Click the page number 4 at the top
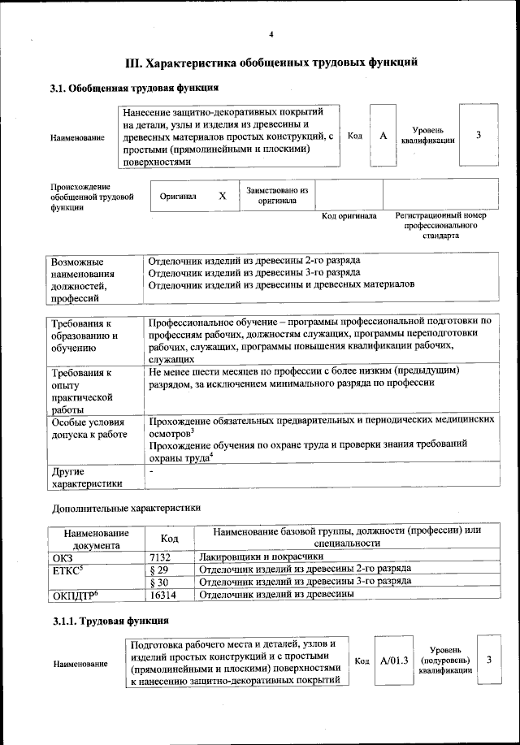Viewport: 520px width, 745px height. point(271,33)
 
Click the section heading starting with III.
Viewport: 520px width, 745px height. point(271,62)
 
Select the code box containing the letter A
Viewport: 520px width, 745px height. point(383,136)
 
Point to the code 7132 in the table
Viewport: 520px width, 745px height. point(163,557)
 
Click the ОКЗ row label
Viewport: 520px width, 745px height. point(63,557)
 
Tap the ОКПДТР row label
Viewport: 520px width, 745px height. point(74,596)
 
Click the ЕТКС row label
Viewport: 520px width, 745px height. point(67,570)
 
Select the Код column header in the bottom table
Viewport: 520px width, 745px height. point(169,538)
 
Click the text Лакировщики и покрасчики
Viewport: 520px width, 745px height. point(261,557)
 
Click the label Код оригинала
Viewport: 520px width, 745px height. point(349,216)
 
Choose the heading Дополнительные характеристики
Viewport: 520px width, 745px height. point(125,508)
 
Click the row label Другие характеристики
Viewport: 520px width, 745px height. point(86,478)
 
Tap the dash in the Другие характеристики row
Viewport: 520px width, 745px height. point(151,470)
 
